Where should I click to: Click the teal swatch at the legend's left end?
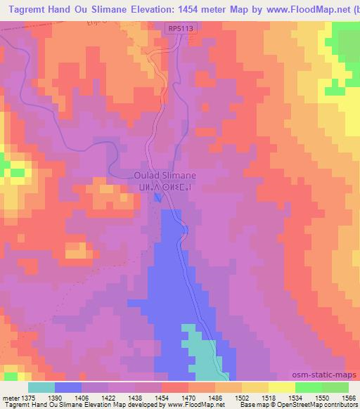pos(41,387)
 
